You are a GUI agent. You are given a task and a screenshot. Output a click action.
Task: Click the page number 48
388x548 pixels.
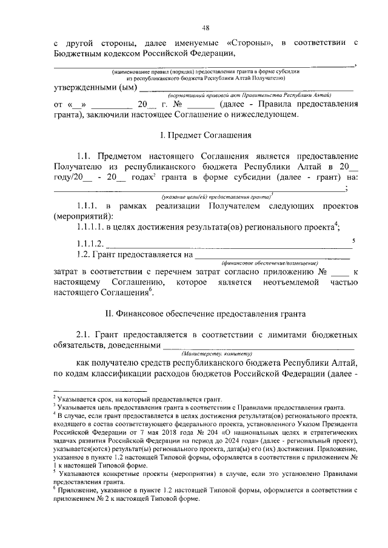coord(206,27)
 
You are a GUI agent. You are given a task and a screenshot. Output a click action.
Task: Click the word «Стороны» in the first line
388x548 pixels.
coord(250,44)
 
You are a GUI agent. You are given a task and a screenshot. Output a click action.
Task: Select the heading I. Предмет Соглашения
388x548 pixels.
coord(206,134)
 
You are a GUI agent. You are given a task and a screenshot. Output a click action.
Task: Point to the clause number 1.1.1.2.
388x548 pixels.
coord(90,244)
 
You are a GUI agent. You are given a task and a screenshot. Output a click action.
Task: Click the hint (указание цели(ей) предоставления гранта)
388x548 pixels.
coord(216,197)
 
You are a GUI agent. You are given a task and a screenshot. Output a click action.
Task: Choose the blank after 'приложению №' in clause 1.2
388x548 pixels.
coord(342,274)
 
